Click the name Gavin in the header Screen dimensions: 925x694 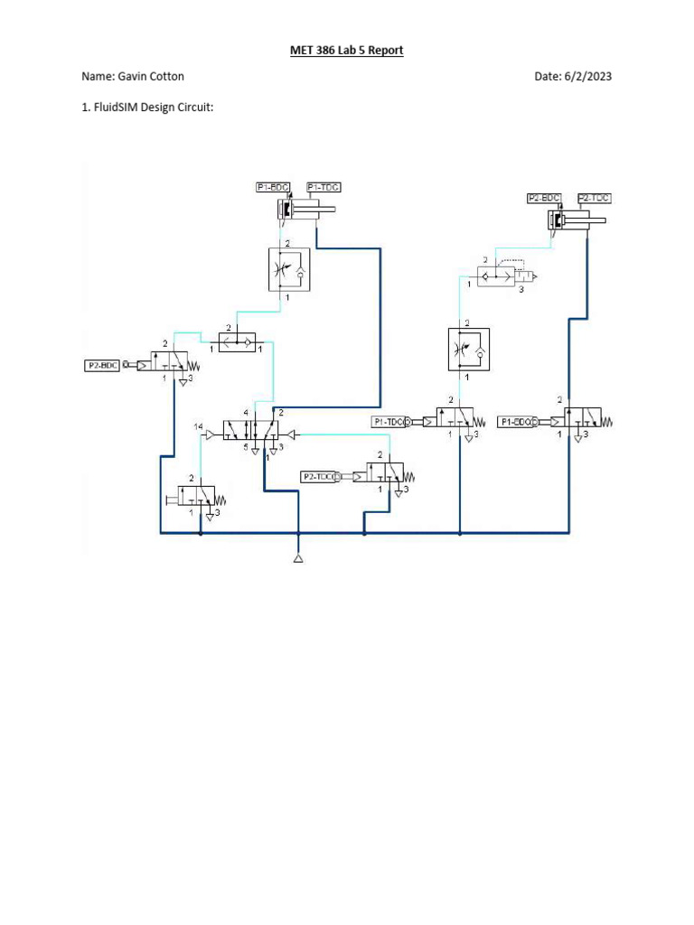133,77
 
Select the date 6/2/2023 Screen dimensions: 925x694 586,77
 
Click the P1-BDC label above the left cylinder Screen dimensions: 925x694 273,187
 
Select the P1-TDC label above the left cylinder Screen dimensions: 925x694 323,187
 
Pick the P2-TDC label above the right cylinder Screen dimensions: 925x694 594,198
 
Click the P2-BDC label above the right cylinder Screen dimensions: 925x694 544,198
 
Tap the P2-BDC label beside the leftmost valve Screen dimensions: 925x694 103,366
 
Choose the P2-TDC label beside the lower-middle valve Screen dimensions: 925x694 318,475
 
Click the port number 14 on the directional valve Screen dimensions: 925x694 198,425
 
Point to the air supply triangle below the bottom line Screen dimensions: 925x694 298,559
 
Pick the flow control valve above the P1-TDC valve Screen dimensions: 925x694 468,350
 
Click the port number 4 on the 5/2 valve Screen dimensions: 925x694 245,413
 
